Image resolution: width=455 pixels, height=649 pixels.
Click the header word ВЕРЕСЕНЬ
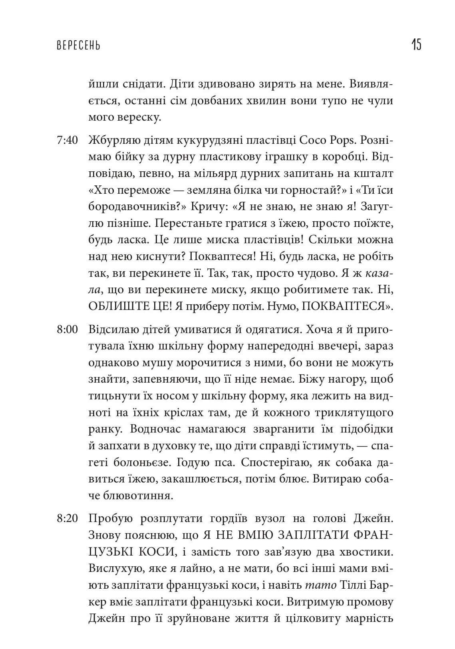(x=78, y=45)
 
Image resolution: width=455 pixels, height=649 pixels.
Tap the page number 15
(x=416, y=44)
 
